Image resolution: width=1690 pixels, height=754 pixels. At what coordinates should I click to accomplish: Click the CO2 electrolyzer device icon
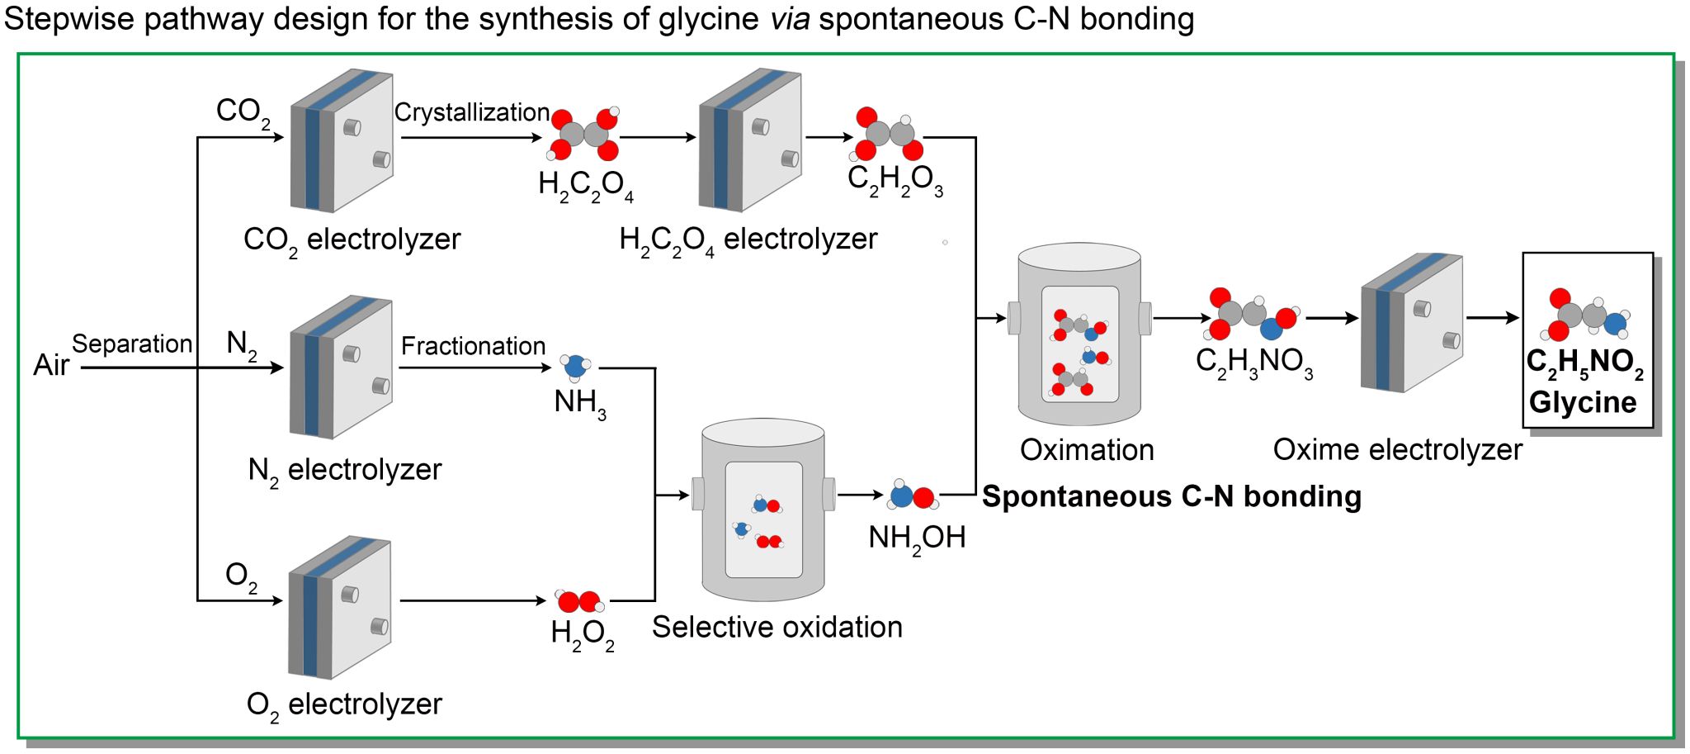pyautogui.click(x=342, y=140)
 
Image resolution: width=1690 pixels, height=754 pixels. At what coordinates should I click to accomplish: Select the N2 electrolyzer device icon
pyautogui.click(x=341, y=367)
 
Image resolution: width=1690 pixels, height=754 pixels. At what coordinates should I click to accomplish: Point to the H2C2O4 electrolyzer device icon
pyautogui.click(x=750, y=140)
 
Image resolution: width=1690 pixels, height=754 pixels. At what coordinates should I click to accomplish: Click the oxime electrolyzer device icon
pyautogui.click(x=1412, y=322)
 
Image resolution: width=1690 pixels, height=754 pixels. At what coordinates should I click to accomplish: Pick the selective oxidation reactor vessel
pyautogui.click(x=763, y=510)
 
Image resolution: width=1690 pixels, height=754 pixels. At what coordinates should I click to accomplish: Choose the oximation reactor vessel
pyautogui.click(x=1079, y=334)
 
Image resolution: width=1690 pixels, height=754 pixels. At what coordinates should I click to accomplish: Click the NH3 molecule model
pyautogui.click(x=574, y=367)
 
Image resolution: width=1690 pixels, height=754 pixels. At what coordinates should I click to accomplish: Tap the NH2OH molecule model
pyautogui.click(x=913, y=496)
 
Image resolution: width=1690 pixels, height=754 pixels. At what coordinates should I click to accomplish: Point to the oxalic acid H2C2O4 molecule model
pyautogui.click(x=584, y=133)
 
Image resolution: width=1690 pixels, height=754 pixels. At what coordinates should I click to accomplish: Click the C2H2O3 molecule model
pyautogui.click(x=889, y=134)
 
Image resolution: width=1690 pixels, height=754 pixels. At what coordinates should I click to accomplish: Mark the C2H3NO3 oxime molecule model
pyautogui.click(x=1253, y=315)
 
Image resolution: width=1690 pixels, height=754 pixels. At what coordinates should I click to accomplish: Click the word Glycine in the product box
pyautogui.click(x=1583, y=402)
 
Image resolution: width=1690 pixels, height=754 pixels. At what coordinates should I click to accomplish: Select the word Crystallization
pyautogui.click(x=472, y=112)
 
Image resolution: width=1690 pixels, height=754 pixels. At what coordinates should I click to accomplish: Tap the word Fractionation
pyautogui.click(x=473, y=346)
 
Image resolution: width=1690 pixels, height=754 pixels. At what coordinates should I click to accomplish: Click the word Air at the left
pyautogui.click(x=51, y=365)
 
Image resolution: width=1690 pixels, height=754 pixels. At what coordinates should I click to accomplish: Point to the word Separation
pyautogui.click(x=132, y=344)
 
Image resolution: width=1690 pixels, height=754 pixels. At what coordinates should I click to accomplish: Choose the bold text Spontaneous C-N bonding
pyautogui.click(x=1171, y=496)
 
